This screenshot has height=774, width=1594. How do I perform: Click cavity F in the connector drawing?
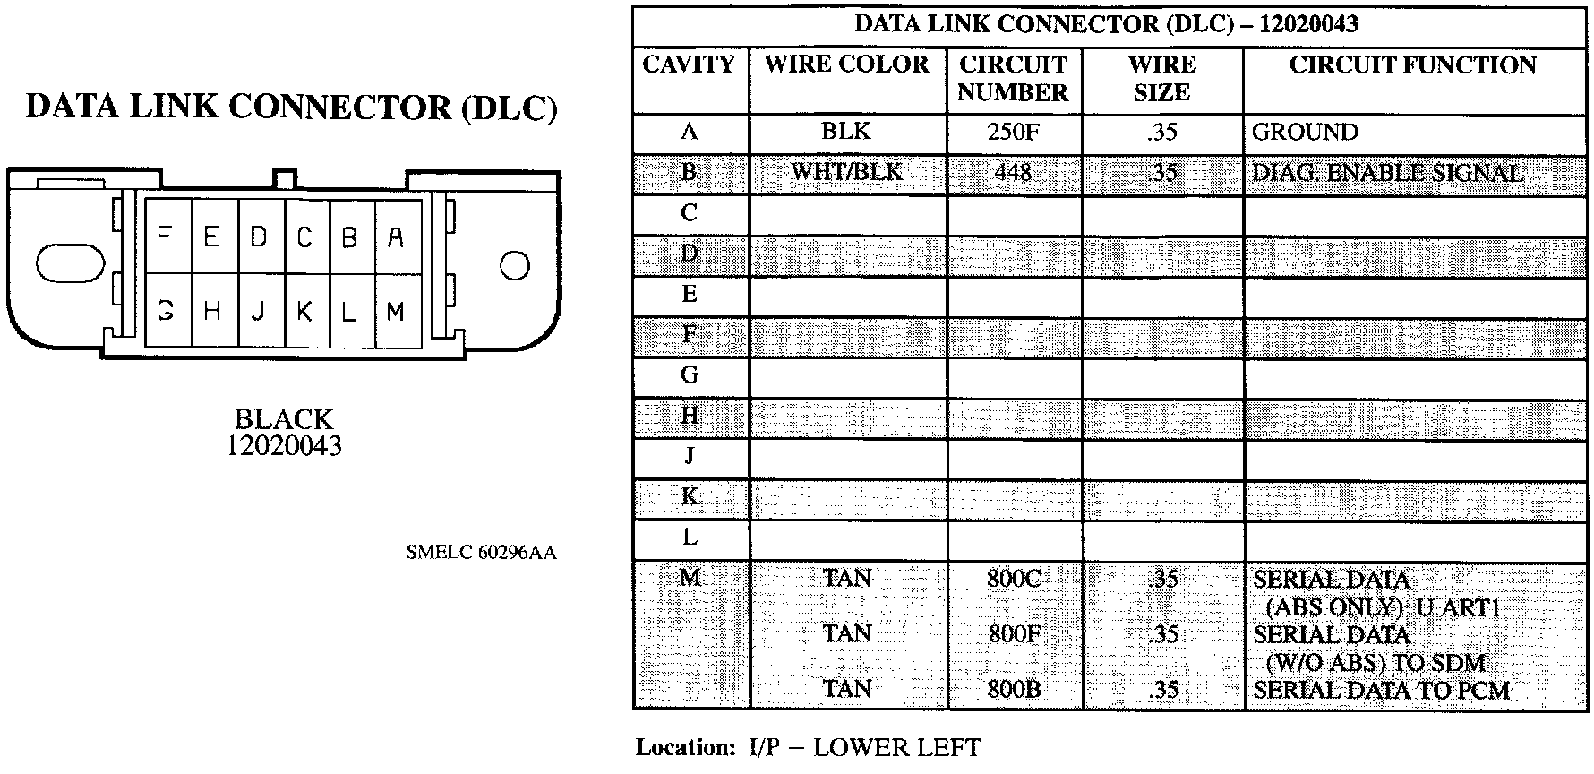coord(166,236)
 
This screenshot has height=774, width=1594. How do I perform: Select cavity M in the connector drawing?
coord(396,312)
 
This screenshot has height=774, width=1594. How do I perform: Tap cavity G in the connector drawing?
coord(166,312)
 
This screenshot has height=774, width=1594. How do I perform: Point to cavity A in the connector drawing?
coord(396,237)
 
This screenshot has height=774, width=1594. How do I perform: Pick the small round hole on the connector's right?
coord(515,265)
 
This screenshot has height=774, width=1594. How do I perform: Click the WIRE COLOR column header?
coord(847,65)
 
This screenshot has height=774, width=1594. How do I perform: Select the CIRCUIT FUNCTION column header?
coord(1412,65)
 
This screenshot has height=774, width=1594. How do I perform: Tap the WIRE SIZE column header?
coord(1161,79)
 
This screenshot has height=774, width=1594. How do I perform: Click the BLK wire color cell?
coord(846,133)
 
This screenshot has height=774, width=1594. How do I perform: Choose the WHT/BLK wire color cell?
coord(846,172)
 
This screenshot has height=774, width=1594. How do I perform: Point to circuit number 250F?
coord(1013,133)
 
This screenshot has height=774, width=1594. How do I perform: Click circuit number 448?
coord(1013,172)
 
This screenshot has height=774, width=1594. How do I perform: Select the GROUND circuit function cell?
coord(1305,133)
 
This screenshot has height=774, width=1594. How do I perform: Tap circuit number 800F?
coord(1014,634)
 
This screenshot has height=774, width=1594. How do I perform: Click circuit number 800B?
coord(1014,690)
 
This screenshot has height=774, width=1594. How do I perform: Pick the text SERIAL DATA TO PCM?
coord(1381,690)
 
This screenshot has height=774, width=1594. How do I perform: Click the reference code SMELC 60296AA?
coord(481,553)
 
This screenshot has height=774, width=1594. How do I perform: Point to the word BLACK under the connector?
coord(283,418)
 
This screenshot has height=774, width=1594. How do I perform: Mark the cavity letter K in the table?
coord(690,497)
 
